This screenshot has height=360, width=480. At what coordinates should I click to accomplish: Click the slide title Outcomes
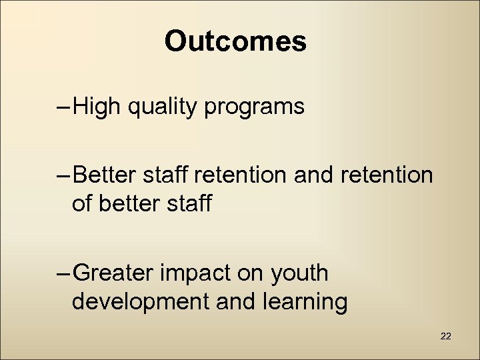click(235, 41)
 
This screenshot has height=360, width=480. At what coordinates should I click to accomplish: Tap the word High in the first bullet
click(98, 107)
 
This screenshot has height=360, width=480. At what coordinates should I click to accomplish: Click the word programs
click(254, 107)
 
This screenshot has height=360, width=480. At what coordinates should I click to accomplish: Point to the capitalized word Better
click(105, 175)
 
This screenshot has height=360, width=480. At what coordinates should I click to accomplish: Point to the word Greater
click(114, 273)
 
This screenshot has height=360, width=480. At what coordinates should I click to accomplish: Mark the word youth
click(299, 273)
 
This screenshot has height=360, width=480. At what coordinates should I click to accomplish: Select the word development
click(141, 302)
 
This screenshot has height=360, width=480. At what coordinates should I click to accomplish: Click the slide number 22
click(446, 337)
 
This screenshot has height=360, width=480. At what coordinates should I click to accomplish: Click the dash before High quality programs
click(63, 107)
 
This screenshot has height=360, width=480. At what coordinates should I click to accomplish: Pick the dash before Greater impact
click(63, 273)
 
